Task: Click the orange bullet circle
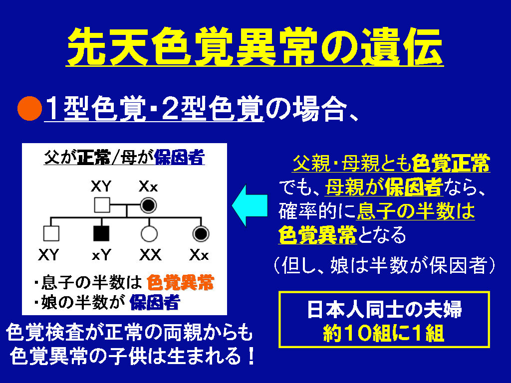29,108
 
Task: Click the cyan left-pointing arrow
250,205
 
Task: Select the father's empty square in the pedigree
102,205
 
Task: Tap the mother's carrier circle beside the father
148,205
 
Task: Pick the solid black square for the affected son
101,233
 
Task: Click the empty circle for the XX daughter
149,234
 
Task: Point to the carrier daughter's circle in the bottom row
201,234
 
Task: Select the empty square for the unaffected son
51,233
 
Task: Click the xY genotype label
101,255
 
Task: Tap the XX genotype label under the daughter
150,255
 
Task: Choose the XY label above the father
101,187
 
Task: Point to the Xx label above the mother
148,187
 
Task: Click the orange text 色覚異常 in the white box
180,282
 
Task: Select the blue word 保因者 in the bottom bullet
155,303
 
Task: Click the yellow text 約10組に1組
384,333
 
